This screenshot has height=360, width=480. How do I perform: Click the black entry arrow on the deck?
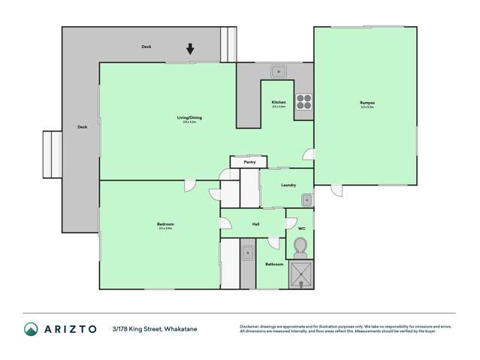(x=190, y=50)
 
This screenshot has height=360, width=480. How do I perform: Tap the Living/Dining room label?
(x=189, y=117)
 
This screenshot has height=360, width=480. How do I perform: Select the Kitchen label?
(x=279, y=102)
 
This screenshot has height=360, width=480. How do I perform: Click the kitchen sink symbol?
(x=279, y=72)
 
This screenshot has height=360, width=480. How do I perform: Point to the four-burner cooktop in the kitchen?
(x=303, y=101)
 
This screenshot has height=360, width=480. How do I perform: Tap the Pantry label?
(x=249, y=162)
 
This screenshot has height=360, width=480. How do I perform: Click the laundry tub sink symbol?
(x=306, y=200)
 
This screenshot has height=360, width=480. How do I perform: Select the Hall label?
(x=255, y=224)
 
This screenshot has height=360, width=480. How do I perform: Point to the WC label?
(x=300, y=228)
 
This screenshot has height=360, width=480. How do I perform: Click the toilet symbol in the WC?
(x=300, y=247)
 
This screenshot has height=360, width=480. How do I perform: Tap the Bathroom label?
(x=273, y=264)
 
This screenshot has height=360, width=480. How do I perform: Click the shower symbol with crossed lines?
(x=302, y=274)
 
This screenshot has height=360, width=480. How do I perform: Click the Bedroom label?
(x=165, y=224)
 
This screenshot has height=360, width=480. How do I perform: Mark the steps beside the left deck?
(x=51, y=154)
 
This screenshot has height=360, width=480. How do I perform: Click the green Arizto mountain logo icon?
(x=32, y=329)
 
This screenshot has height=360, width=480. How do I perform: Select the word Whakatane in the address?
(x=181, y=329)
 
